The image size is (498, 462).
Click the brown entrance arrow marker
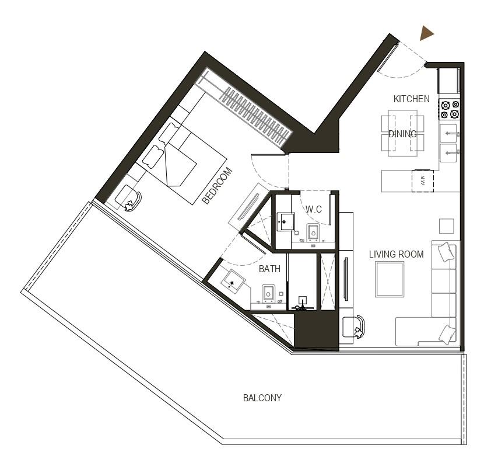427,34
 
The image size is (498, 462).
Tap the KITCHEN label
411,99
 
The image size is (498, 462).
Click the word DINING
402,134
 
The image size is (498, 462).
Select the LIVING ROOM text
396,255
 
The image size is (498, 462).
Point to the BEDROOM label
218,186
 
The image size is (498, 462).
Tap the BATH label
270,269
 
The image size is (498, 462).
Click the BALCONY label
262,398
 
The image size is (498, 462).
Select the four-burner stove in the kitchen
450,109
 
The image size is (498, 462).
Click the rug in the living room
389,279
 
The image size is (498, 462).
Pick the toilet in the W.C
313,233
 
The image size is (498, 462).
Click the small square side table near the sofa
446,225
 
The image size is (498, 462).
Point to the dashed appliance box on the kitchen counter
421,180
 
